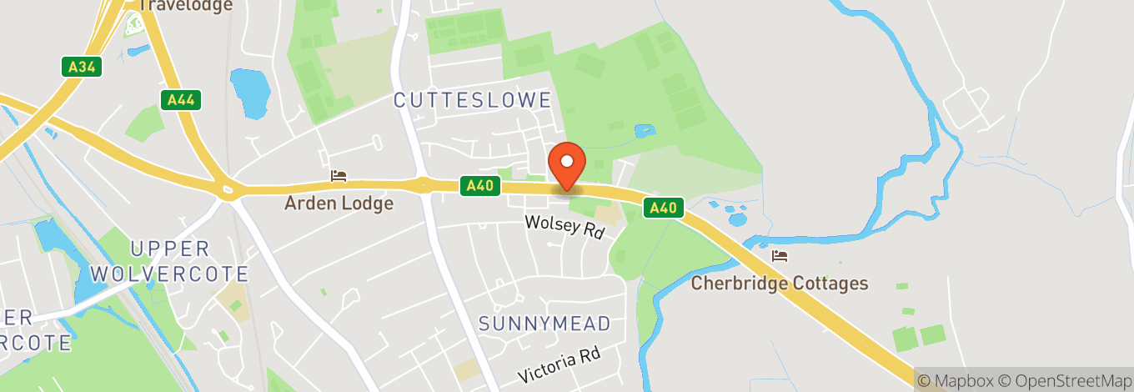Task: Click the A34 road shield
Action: (82, 67)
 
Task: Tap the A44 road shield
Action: (181, 100)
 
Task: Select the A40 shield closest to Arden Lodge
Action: (480, 185)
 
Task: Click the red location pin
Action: (567, 165)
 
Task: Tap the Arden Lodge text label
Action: (339, 203)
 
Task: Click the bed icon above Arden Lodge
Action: (339, 176)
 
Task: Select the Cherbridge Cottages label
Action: (780, 283)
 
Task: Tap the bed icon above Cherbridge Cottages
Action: (780, 255)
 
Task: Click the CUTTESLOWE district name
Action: (473, 100)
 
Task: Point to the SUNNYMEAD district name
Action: (545, 324)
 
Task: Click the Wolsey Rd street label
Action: (564, 227)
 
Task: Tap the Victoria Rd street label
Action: (559, 365)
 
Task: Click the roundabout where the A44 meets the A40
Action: (227, 191)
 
